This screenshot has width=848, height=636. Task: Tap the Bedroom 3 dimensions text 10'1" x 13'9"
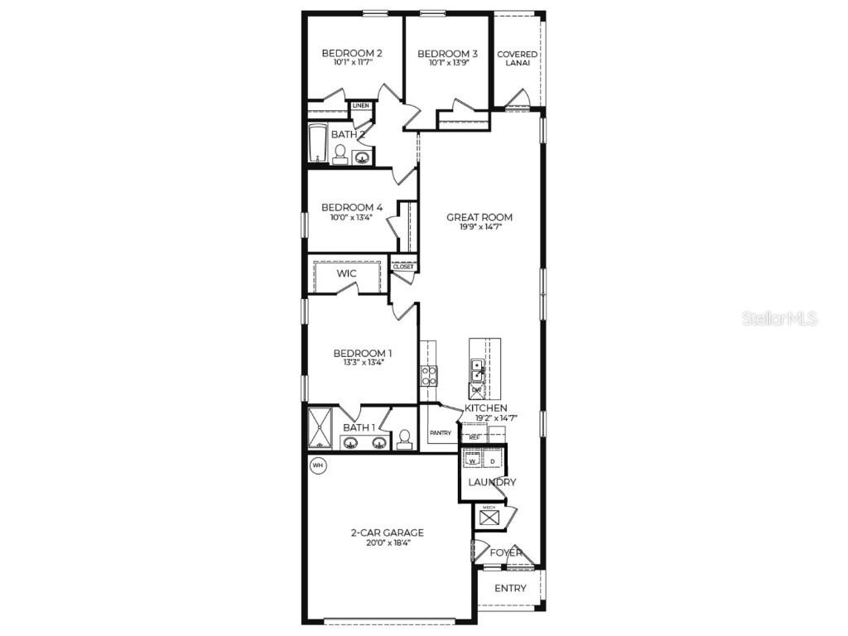pos(448,63)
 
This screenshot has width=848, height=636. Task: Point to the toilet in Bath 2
pos(340,154)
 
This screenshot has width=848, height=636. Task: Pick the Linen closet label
pos(361,106)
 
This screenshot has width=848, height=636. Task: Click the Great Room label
pos(479,218)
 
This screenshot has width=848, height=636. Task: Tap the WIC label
pos(346,274)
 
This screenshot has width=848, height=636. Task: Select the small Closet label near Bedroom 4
pos(403,267)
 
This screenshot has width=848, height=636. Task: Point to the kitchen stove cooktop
pos(429,376)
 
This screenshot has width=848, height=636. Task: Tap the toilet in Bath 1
pos(405,439)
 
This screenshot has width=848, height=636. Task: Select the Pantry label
pos(440,432)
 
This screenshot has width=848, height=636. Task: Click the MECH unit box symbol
pos(489,518)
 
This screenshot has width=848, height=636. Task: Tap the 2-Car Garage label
pos(387,532)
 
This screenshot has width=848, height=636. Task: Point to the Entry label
pos(510,589)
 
